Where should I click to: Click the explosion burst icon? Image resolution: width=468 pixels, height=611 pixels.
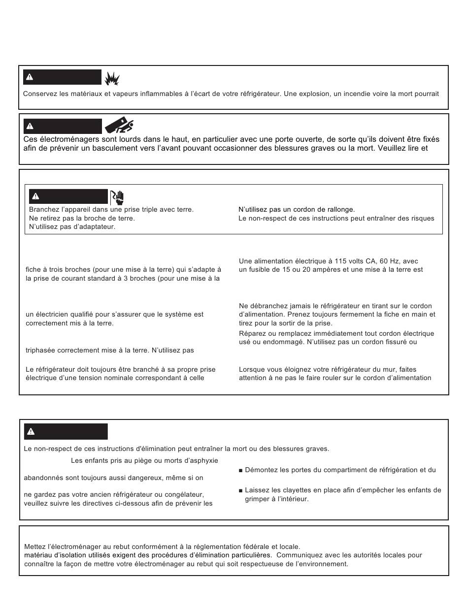112,77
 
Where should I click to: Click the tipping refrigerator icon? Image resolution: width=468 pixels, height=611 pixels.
119,127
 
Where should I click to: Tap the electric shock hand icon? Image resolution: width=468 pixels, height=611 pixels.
117,197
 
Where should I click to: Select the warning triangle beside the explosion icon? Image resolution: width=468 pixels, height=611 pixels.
30,77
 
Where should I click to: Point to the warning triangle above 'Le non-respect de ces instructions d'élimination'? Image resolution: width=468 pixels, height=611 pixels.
31,432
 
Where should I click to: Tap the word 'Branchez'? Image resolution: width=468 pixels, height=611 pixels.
44,210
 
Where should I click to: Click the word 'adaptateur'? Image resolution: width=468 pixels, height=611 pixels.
98,227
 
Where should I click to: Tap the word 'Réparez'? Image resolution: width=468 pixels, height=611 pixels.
252,334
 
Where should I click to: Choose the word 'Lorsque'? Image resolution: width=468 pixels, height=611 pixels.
252,370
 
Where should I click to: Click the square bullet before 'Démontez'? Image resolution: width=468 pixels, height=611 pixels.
240,470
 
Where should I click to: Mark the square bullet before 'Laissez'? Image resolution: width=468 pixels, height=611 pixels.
240,490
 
